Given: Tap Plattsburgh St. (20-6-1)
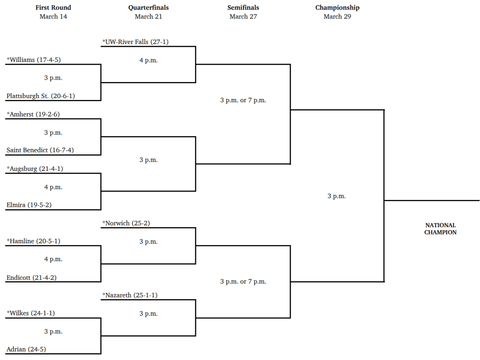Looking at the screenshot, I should click(x=41, y=96).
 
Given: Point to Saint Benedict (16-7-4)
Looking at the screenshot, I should click(x=40, y=150).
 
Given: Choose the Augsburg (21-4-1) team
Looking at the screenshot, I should click(x=35, y=169).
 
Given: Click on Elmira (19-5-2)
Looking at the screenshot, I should click(x=29, y=205).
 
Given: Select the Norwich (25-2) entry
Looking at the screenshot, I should click(x=126, y=223).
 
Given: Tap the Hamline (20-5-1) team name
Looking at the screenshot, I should click(x=34, y=241).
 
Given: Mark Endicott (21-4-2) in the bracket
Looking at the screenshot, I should click(x=31, y=278).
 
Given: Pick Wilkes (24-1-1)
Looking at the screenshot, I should click(x=30, y=313).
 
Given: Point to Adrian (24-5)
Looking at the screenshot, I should click(x=26, y=350).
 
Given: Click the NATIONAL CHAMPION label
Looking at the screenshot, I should click(x=440, y=229).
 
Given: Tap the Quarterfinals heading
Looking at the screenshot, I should click(x=148, y=8).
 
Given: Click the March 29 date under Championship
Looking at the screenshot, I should click(x=337, y=16).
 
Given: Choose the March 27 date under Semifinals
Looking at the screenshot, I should click(x=243, y=16).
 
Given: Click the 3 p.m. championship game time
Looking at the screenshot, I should click(x=336, y=196).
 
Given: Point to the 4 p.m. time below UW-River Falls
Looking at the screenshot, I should click(x=148, y=60).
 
